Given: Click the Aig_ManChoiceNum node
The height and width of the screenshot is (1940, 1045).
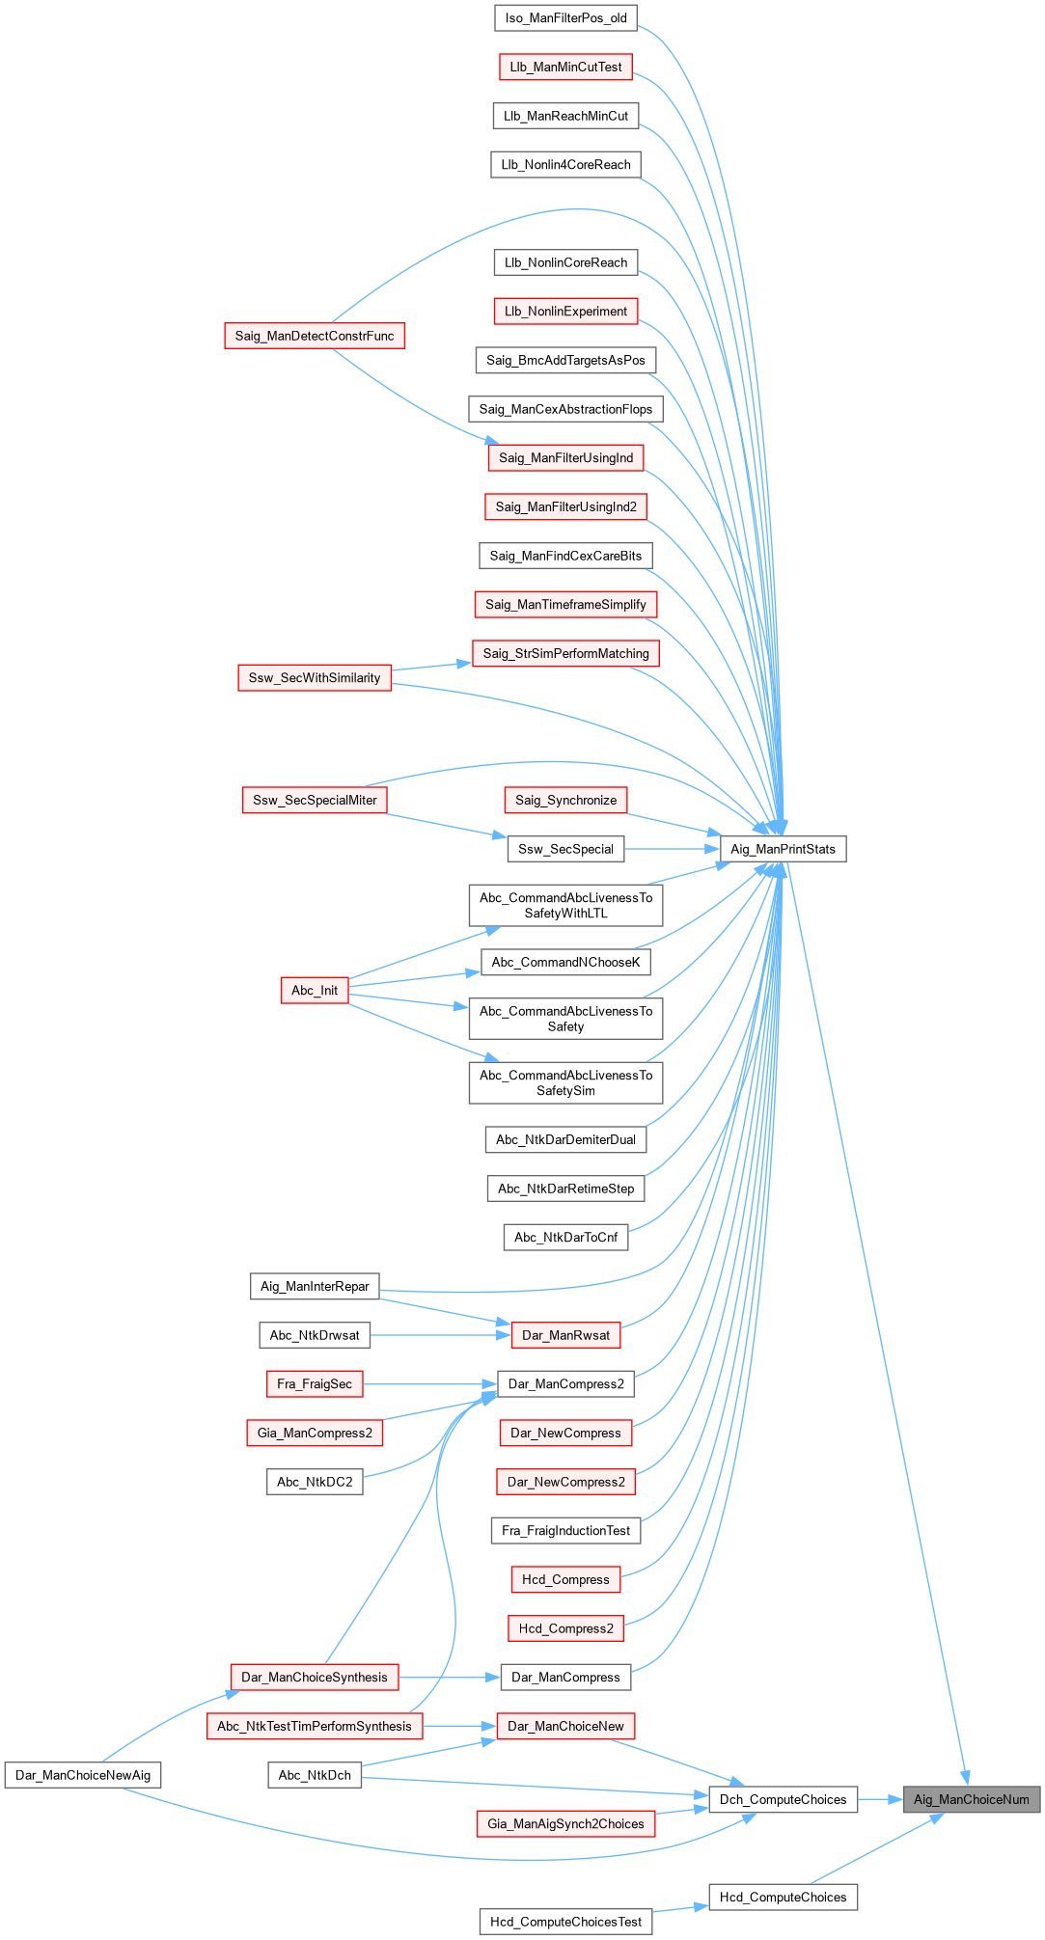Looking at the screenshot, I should pyautogui.click(x=971, y=1799).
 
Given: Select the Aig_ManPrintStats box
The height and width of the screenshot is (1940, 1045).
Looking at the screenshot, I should pyautogui.click(x=783, y=849).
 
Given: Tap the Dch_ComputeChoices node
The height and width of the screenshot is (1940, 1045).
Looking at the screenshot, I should pyautogui.click(x=783, y=1799).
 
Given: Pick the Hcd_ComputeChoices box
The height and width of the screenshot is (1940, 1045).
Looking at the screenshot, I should pyautogui.click(x=783, y=1897).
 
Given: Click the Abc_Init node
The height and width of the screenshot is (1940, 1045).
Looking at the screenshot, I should pyautogui.click(x=315, y=991).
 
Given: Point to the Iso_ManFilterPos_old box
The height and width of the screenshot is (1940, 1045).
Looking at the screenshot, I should pyautogui.click(x=565, y=18).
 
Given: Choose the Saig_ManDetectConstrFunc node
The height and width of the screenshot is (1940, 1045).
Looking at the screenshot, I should pyautogui.click(x=315, y=336).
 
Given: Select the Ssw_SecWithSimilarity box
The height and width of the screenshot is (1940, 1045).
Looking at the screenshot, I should pyautogui.click(x=315, y=678).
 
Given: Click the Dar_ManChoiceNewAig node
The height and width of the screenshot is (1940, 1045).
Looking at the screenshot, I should pyautogui.click(x=83, y=1775).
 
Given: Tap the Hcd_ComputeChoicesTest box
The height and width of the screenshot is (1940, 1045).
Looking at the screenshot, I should pyautogui.click(x=565, y=1922).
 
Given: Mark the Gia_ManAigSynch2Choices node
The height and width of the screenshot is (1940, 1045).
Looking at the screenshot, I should pyautogui.click(x=565, y=1823).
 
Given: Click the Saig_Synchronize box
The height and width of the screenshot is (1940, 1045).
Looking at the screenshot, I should pyautogui.click(x=565, y=800).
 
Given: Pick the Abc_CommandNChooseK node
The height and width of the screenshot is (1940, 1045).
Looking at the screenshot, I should pyautogui.click(x=565, y=962).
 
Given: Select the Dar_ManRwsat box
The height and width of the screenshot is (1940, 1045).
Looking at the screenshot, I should pyautogui.click(x=565, y=1335).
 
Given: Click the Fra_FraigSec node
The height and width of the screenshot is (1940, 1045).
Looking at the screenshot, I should pyautogui.click(x=315, y=1384).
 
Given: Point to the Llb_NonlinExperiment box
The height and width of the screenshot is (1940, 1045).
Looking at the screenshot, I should pyautogui.click(x=565, y=312).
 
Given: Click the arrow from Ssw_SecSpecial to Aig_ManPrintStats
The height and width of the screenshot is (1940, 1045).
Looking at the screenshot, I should pyautogui.click(x=673, y=849).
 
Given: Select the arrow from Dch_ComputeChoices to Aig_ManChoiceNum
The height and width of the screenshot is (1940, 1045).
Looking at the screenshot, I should pyautogui.click(x=879, y=1799).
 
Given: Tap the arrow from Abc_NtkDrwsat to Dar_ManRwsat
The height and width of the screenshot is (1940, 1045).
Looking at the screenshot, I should pyautogui.click(x=440, y=1335).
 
